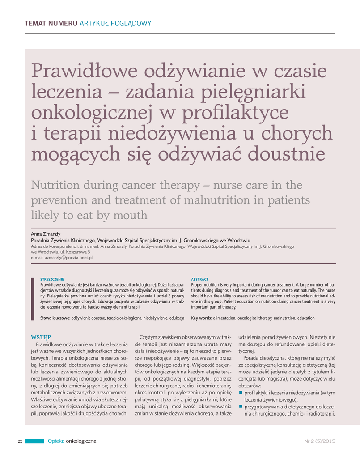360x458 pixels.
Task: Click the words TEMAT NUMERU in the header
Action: [51, 23]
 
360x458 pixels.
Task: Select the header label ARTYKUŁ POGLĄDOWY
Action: [115, 23]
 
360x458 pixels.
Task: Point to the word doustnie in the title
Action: [286, 155]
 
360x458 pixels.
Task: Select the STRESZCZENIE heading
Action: [52, 279]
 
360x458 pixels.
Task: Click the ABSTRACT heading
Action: [200, 279]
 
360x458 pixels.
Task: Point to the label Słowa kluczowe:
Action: [55, 318]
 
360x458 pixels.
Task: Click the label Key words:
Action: [201, 318]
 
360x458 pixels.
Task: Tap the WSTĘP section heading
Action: [41, 337]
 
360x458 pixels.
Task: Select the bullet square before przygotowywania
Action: [241, 407]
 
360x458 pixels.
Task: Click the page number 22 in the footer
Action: [20, 441]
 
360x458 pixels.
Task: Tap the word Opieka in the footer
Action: [56, 441]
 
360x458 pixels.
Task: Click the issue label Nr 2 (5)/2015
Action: [319, 441]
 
